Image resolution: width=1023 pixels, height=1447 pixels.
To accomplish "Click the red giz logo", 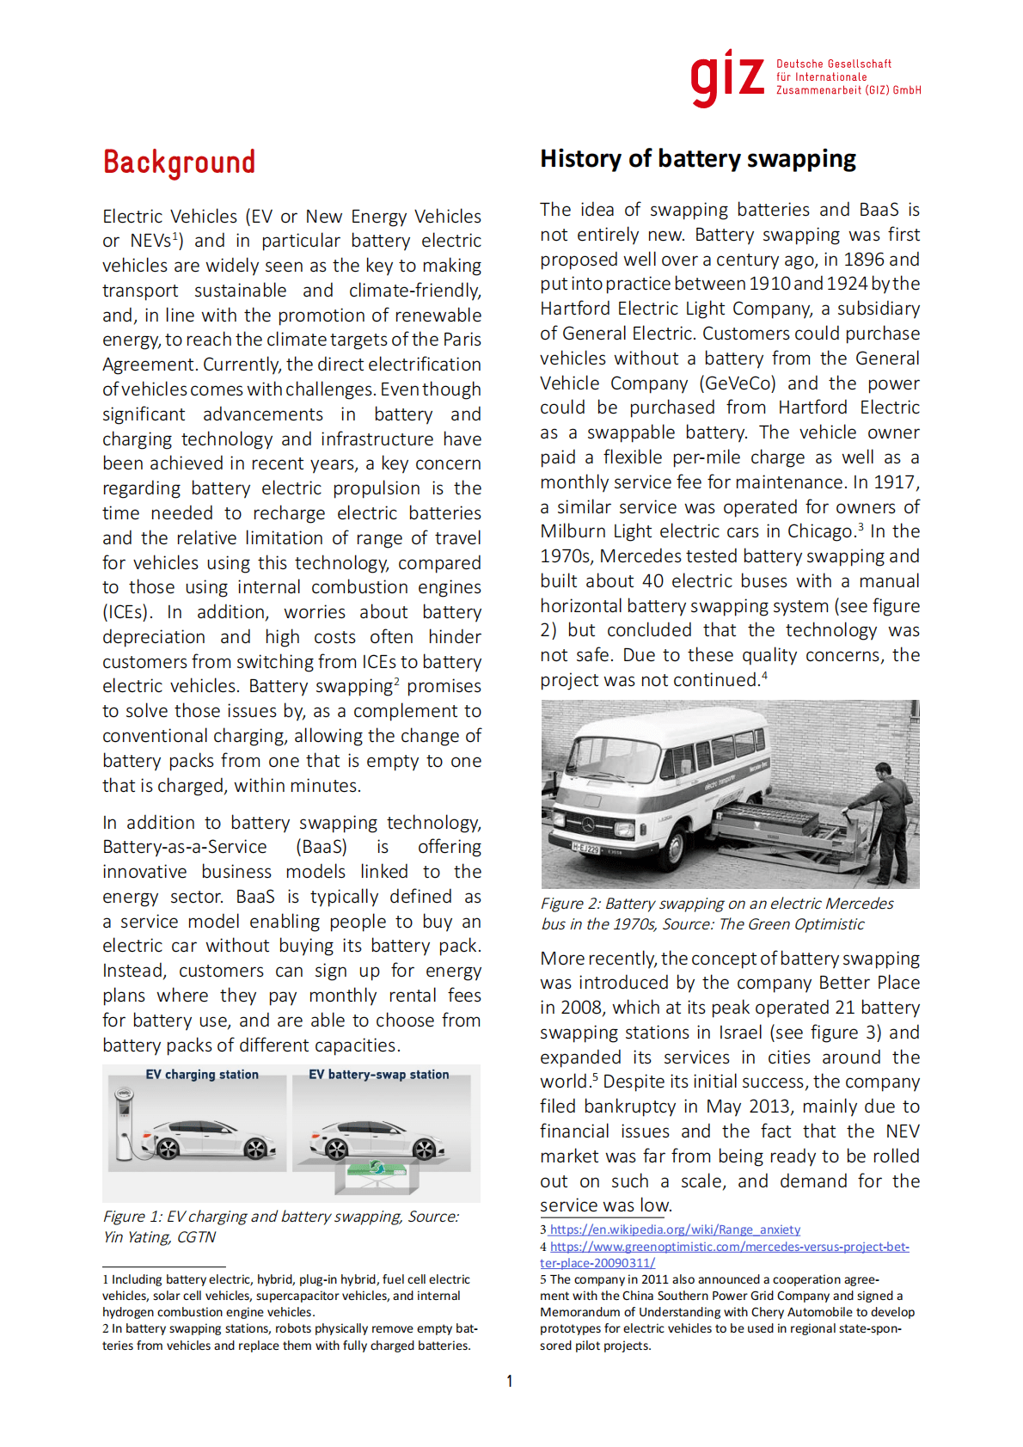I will [726, 78].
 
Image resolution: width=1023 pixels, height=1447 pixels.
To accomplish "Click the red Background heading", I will [179, 162].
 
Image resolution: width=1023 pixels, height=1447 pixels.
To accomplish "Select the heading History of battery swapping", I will [697, 159].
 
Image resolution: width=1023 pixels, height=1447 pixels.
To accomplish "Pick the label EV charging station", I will [202, 1075].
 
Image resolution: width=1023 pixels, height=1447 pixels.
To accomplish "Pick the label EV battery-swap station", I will [378, 1075].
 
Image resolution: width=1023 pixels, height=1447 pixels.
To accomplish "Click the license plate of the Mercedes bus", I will [586, 849].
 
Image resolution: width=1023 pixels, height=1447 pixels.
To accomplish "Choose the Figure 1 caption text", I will [280, 1227].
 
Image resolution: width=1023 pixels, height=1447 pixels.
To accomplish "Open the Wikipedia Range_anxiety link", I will [675, 1230].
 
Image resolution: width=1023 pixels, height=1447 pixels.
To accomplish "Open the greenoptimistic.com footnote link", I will [729, 1248].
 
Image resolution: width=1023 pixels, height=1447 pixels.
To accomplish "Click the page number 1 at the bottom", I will [510, 1382].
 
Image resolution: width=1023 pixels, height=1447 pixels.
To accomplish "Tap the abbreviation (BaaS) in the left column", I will [322, 848].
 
